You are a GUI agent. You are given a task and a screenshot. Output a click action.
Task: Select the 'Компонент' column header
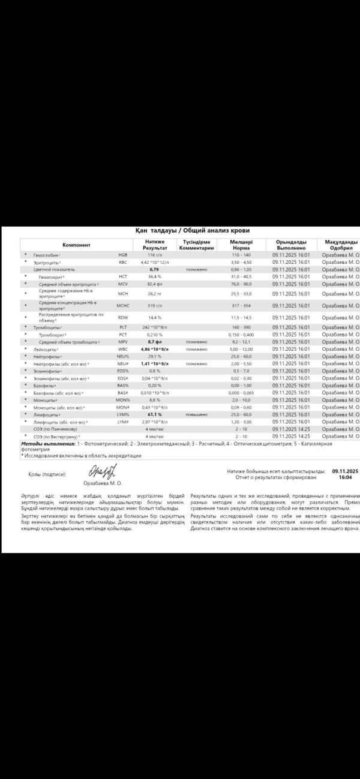click(76, 245)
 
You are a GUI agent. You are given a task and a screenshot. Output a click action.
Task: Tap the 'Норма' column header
click(241, 248)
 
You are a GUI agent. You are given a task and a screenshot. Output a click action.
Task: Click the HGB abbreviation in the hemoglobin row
click(123, 255)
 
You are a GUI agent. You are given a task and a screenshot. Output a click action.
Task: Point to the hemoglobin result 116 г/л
click(155, 255)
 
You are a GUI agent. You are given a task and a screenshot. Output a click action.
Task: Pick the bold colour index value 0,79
click(154, 269)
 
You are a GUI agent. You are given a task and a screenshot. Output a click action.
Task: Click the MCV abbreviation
click(123, 284)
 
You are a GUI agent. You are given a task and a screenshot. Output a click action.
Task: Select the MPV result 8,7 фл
click(155, 341)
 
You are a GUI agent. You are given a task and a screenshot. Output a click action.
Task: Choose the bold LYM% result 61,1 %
click(155, 414)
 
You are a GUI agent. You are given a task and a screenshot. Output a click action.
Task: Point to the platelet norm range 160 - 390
click(241, 327)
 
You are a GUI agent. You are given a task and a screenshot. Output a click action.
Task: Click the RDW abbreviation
click(123, 317)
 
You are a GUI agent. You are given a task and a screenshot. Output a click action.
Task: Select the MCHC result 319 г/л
click(155, 305)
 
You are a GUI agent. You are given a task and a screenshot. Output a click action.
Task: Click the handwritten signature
click(103, 471)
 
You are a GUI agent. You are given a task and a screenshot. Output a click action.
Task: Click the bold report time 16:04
click(345, 478)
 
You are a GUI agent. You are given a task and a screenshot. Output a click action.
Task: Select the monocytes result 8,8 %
click(155, 400)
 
